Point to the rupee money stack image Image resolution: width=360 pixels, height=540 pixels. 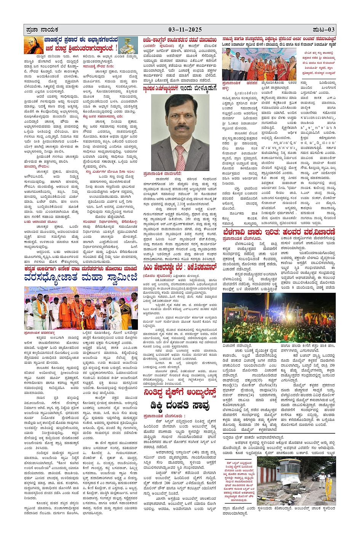[128, 45]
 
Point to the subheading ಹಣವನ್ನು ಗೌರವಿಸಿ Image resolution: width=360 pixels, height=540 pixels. [36, 166]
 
